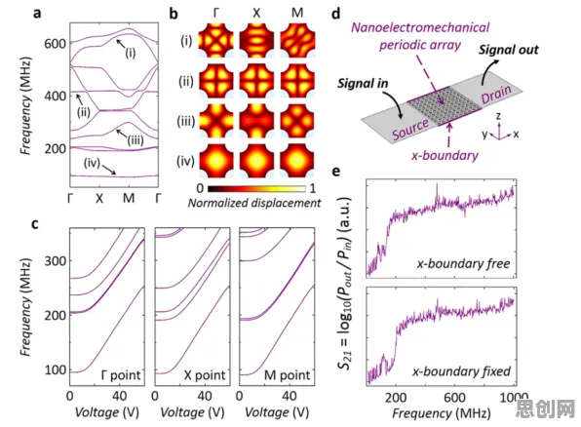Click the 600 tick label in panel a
click(x=55, y=44)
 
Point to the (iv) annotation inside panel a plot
click(x=92, y=163)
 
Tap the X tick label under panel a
click(x=99, y=198)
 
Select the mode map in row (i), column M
click(x=297, y=40)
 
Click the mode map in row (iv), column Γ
click(x=216, y=161)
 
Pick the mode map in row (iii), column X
click(x=256, y=121)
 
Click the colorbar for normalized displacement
click(x=256, y=189)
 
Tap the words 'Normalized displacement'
click(x=254, y=203)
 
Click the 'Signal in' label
click(x=363, y=84)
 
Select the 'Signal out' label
click(x=509, y=50)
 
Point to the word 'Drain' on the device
click(x=496, y=95)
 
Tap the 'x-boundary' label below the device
click(x=445, y=155)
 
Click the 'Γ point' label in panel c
click(x=121, y=375)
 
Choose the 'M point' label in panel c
click(x=287, y=375)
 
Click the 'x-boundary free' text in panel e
click(x=464, y=263)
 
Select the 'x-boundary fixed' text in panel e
click(x=461, y=371)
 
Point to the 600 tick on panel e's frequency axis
click(x=454, y=398)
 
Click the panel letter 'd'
click(x=335, y=14)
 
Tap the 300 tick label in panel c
click(x=56, y=261)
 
